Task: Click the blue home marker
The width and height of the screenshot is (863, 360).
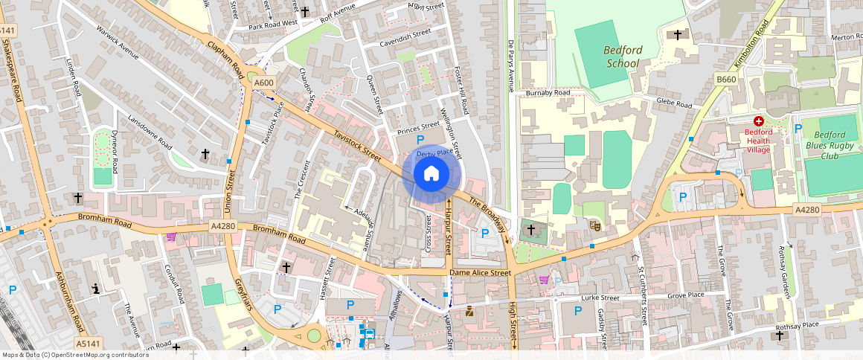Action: coord(431,174)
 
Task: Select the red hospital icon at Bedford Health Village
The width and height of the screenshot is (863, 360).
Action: coord(758,120)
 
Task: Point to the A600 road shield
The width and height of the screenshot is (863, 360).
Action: coord(264,83)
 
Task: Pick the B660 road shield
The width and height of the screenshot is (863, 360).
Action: coord(726,79)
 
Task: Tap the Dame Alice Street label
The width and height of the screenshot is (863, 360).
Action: coord(481,273)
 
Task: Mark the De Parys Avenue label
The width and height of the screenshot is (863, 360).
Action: coord(510,65)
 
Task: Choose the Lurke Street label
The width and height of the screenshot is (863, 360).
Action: coord(599,298)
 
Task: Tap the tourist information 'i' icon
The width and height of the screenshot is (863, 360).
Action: coord(95,289)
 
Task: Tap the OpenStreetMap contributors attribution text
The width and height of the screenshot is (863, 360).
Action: coord(74,355)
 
